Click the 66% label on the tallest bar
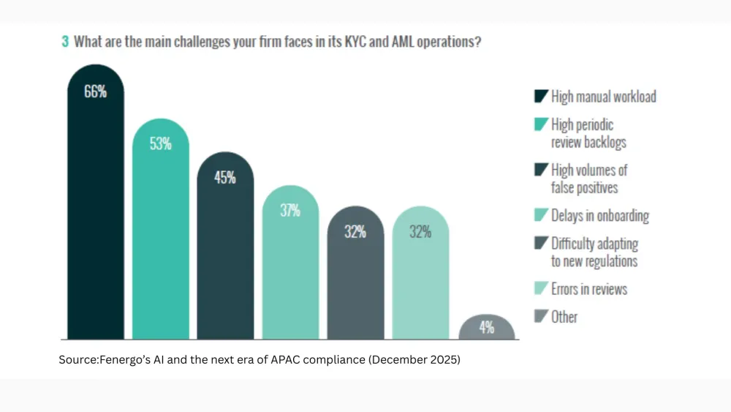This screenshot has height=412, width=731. coord(95,92)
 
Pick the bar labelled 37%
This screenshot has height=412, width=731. coord(290,271)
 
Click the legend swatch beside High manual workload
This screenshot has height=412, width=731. coord(542,96)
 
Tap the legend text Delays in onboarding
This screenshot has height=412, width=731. coord(600,215)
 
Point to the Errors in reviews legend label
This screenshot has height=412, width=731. coord(589,289)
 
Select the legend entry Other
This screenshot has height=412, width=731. coord(564,317)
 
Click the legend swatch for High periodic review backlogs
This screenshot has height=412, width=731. coord(542,125)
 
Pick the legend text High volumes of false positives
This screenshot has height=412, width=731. coord(589,179)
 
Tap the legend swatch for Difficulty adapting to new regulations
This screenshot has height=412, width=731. coord(542,243)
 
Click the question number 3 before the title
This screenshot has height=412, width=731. coord(65,42)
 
